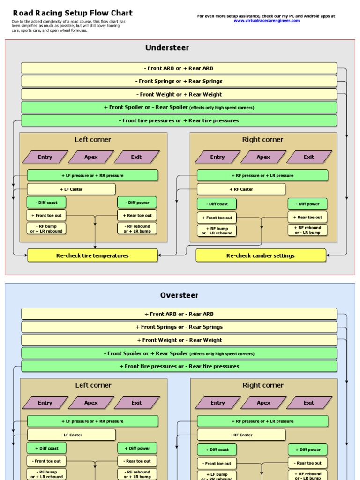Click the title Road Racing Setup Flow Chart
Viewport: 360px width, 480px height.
pyautogui.click(x=72, y=13)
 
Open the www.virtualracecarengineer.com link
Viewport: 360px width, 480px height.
pyautogui.click(x=266, y=21)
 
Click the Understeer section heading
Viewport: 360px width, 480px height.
pyautogui.click(x=167, y=47)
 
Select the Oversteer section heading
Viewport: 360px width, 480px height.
pyautogui.click(x=179, y=295)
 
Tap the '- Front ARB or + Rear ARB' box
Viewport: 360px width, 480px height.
pyautogui.click(x=179, y=68)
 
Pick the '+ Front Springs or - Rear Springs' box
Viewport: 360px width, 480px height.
pyautogui.click(x=179, y=327)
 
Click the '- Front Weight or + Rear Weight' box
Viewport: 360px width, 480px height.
pyautogui.click(x=179, y=94)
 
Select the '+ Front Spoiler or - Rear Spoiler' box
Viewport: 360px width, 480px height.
pyautogui.click(x=179, y=107)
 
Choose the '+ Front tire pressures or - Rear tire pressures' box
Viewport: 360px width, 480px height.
pyautogui.click(x=179, y=367)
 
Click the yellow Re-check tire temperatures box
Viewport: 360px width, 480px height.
pyautogui.click(x=92, y=255)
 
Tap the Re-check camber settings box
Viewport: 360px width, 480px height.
pyautogui.click(x=260, y=255)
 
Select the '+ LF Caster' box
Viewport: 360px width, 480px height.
pyautogui.click(x=71, y=189)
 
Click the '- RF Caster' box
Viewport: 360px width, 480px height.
pyautogui.click(x=241, y=435)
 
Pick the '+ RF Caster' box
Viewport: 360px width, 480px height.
pyautogui.click(x=241, y=189)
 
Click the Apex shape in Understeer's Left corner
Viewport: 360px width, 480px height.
pyautogui.click(x=91, y=157)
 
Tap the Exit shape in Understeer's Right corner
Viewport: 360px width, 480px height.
pyautogui.click(x=309, y=157)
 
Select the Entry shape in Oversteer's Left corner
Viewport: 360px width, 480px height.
pyautogui.click(x=45, y=403)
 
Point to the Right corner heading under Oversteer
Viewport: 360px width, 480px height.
pyautogui.click(x=263, y=385)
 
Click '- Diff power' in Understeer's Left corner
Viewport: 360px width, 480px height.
pyautogui.click(x=137, y=202)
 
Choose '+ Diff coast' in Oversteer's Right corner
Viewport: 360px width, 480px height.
pyautogui.click(x=217, y=450)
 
